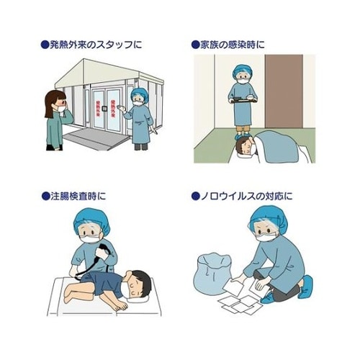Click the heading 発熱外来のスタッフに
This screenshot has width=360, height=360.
[95, 45]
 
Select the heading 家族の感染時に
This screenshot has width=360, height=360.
[232, 45]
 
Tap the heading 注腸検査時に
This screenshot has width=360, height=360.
[78, 196]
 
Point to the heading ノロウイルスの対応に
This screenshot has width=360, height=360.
[246, 196]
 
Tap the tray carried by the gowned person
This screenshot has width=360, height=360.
[243, 100]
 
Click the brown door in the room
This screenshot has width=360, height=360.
[284, 91]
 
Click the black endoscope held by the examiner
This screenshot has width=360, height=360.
[96, 261]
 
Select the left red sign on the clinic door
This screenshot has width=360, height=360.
[98, 108]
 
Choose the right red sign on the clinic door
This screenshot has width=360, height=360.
[112, 109]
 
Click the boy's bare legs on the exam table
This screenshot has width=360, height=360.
[78, 292]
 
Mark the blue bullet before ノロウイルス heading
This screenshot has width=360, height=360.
[195, 197]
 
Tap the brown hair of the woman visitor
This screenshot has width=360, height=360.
[53, 102]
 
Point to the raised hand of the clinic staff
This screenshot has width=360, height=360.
[122, 110]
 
